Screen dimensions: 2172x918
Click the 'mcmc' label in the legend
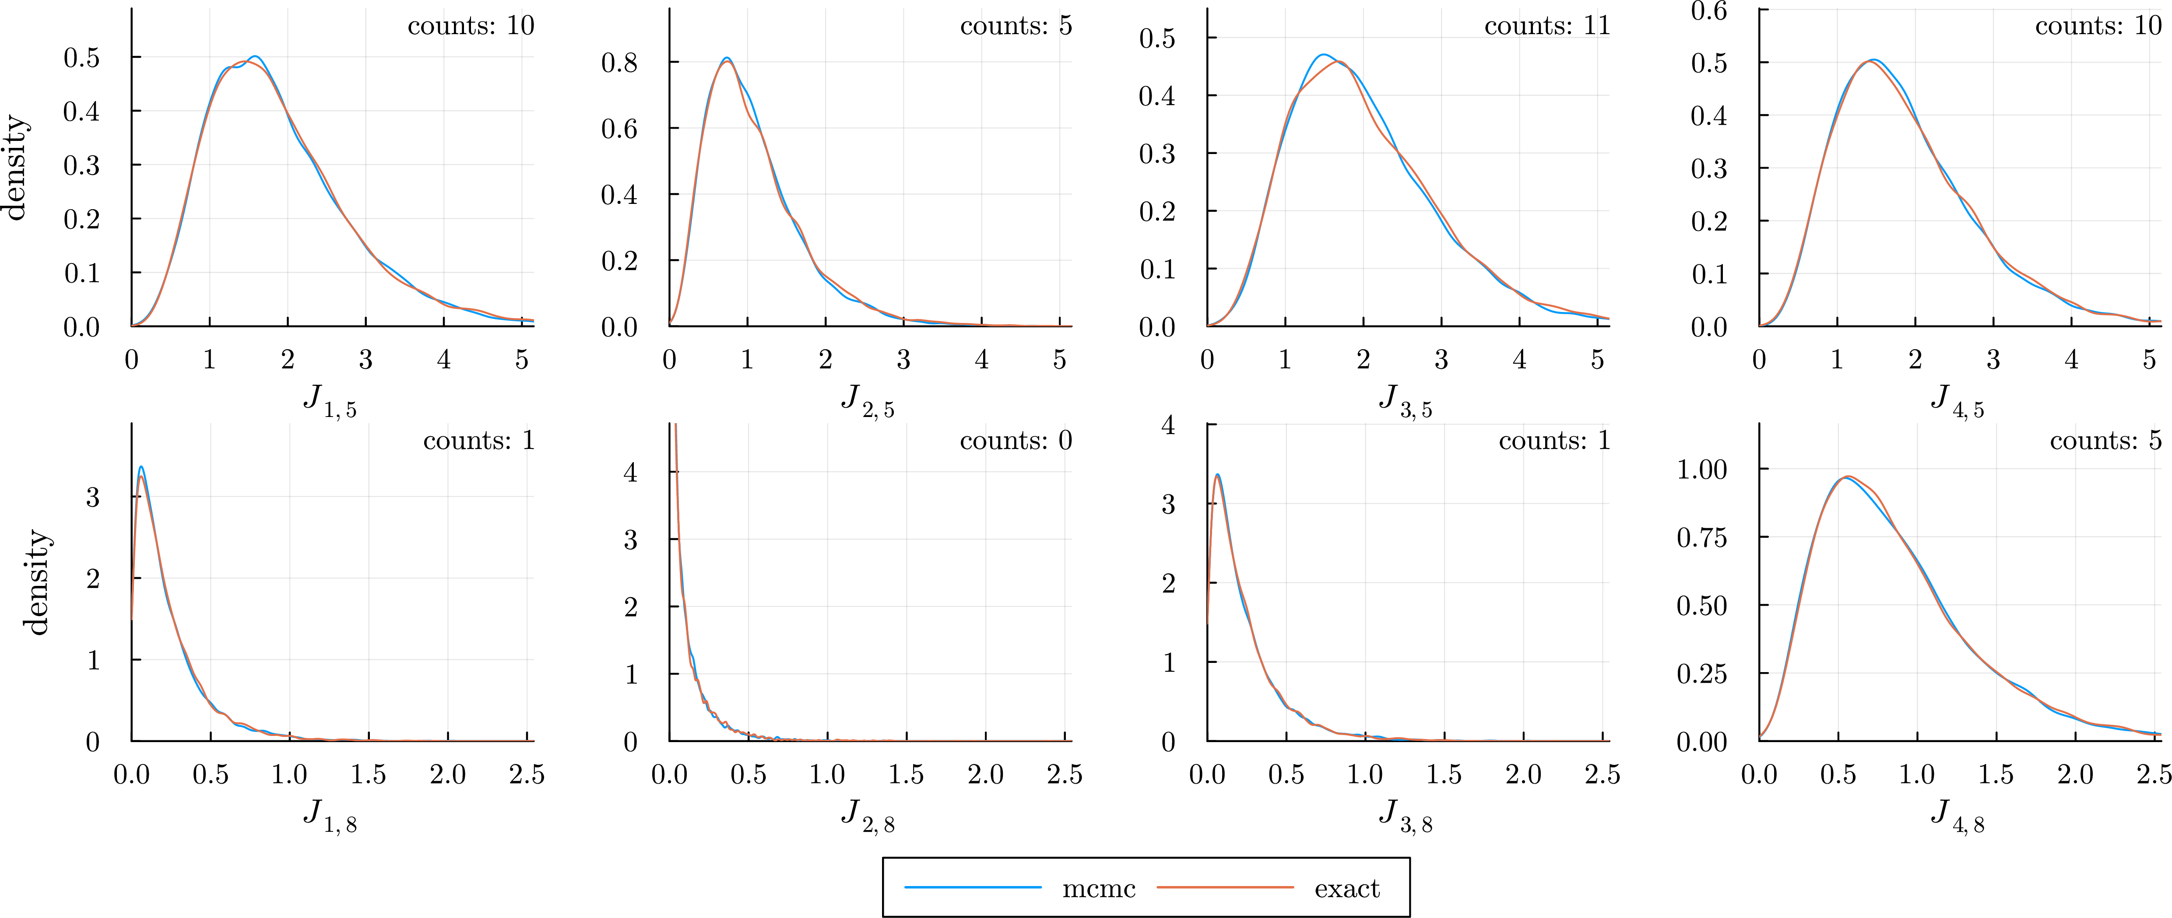(x=1099, y=889)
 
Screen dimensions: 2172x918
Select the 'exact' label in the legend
(x=1346, y=889)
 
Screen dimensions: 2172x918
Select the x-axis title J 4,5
(x=1957, y=400)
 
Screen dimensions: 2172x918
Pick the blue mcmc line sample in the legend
(x=973, y=887)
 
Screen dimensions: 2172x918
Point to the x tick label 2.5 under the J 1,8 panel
(x=527, y=774)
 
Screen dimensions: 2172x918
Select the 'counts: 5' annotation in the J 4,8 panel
(x=2105, y=440)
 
